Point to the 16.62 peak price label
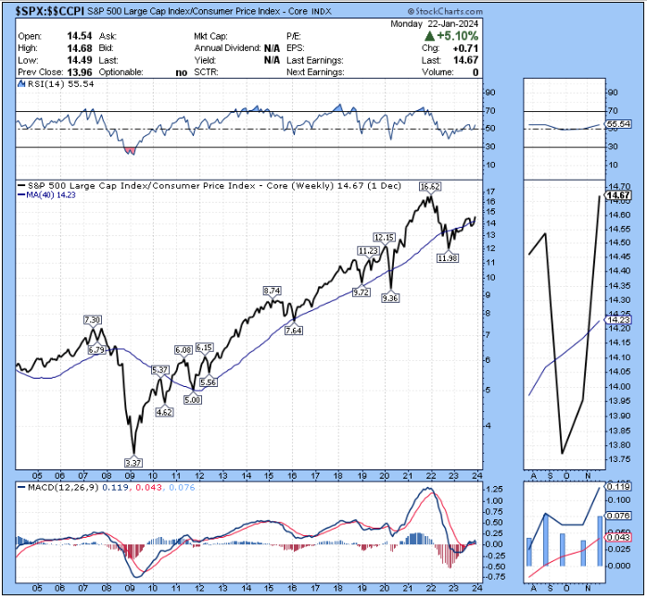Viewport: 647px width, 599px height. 429,186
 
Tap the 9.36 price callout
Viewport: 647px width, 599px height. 389,298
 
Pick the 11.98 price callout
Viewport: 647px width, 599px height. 449,258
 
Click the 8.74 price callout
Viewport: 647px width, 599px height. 272,291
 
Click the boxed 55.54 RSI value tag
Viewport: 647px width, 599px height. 617,123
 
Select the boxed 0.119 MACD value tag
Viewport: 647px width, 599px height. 617,486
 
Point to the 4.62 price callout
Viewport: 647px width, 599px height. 164,411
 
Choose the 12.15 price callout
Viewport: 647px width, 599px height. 385,237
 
